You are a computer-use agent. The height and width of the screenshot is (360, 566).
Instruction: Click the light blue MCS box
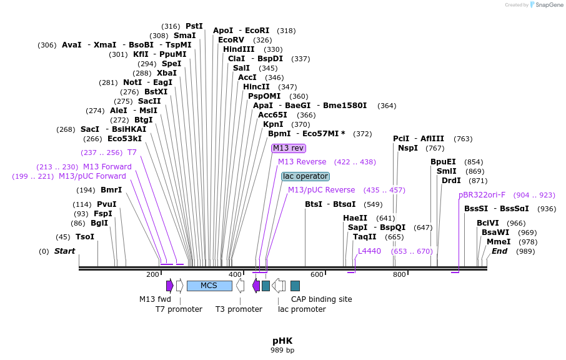point(209,286)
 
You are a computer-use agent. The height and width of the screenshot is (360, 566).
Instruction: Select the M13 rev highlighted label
point(288,148)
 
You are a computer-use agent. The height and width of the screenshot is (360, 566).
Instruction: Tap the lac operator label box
point(305,176)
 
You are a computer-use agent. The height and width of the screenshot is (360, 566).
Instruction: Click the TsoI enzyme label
point(85,237)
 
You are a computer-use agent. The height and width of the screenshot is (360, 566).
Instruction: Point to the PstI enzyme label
point(194,26)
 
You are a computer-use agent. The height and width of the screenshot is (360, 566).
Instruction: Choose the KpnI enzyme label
point(273,124)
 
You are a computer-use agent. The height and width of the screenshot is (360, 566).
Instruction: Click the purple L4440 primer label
point(369,251)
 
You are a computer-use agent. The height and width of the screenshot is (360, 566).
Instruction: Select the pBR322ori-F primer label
point(482,195)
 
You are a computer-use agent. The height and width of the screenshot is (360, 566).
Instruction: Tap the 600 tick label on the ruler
point(317,274)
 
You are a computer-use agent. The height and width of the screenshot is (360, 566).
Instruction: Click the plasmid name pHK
point(282,341)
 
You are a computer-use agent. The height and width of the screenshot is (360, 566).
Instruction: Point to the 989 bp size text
point(282,350)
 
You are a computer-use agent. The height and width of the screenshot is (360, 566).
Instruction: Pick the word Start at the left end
point(64,251)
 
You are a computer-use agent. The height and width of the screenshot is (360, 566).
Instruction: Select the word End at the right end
point(500,251)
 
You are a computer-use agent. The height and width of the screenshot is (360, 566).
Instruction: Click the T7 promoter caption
point(179,309)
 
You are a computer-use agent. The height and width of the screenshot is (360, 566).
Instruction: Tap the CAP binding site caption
point(321,299)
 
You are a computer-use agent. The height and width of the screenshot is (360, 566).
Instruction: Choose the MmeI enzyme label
point(499,242)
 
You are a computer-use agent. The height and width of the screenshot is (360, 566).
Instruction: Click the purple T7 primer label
point(132,152)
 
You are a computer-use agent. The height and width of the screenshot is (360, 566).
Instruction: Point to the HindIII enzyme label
point(239,49)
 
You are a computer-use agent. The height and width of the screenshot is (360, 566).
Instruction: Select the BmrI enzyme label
point(111,190)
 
